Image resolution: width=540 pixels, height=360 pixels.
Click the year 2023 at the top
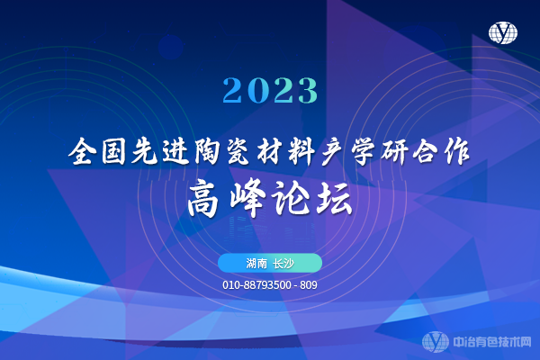coord(270,90)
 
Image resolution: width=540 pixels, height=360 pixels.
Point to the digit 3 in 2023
coord(308,90)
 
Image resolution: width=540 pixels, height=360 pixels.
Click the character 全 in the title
coord(81,151)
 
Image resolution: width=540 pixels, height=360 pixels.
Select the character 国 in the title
coord(113,151)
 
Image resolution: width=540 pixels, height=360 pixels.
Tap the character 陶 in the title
coord(207,151)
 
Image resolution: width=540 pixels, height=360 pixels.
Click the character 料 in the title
coord(301,151)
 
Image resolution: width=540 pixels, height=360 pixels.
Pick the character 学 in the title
coord(364,151)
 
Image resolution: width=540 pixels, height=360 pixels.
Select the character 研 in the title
coord(394,151)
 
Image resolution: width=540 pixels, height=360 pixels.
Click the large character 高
coord(203,198)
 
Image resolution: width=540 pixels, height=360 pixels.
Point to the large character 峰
coord(247,198)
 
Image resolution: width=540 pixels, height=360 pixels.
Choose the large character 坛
coord(335,198)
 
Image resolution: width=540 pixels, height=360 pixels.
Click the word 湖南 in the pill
coord(256,264)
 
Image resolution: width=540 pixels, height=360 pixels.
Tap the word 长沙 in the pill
coord(283,264)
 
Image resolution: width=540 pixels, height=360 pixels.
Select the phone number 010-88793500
coord(256,285)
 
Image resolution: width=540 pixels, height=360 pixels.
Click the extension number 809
coord(309,285)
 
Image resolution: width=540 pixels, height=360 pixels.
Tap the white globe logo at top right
coord(503,32)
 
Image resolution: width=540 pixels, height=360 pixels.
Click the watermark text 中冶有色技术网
coord(492,342)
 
